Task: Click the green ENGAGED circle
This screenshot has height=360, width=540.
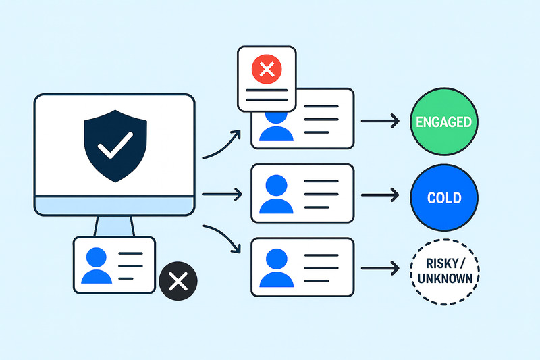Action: (x=443, y=122)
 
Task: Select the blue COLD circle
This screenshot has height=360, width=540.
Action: (x=443, y=198)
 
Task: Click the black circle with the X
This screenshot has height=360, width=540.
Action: (x=178, y=282)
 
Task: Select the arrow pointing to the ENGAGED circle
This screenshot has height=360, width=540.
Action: (x=379, y=122)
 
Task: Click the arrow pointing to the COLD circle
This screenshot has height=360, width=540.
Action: (x=379, y=197)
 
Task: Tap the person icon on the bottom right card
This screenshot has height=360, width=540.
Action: (x=276, y=268)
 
